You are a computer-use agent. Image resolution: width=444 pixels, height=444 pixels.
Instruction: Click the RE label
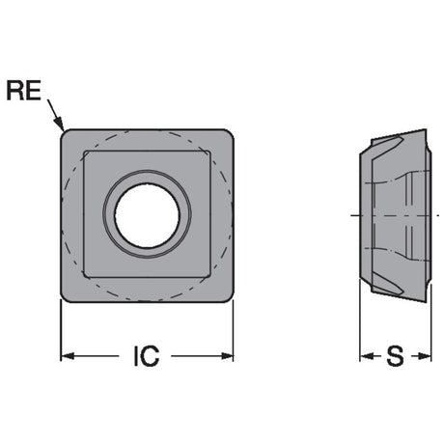point(24,91)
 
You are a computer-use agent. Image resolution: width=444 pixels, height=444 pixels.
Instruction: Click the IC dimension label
point(147,356)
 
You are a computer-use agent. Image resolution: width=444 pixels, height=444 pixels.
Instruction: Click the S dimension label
point(395,356)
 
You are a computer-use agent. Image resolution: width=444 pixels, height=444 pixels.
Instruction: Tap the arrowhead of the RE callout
point(59,124)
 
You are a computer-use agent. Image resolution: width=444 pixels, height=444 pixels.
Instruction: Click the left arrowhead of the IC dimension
point(68,356)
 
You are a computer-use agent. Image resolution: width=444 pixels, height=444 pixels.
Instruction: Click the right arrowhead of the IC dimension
point(227,356)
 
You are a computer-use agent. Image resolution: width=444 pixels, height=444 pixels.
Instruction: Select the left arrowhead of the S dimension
point(366,356)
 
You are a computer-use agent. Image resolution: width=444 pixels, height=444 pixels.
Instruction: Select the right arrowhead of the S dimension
point(425,356)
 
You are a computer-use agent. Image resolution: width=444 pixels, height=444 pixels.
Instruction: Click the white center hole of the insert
point(147,215)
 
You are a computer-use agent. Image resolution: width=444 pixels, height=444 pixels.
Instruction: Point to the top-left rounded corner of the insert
point(65,133)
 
